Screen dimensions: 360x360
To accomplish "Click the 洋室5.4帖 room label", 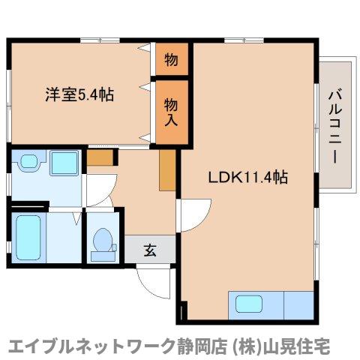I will pos(79,96).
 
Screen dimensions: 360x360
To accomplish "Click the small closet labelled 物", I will pos(170,60).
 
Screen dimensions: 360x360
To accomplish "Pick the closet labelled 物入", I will pos(170,110).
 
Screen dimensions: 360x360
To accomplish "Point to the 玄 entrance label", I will pos(150,250).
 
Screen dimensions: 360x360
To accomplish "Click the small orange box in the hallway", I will pos(100,157).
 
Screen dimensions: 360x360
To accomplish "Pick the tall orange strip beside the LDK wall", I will pos(166,170).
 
